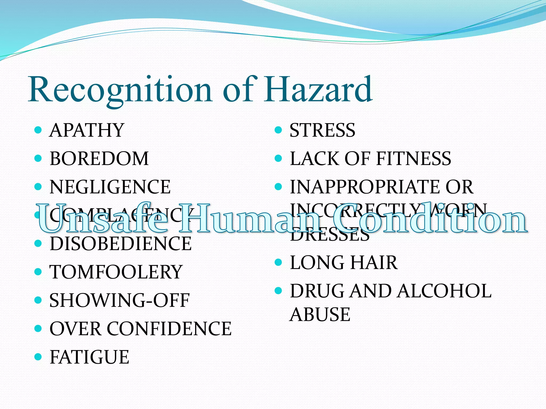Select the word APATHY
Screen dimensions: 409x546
click(87, 130)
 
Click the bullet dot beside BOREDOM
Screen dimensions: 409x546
click(38, 159)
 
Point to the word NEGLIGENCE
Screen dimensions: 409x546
click(110, 187)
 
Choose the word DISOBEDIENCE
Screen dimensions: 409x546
click(121, 244)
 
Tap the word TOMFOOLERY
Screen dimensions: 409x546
click(116, 272)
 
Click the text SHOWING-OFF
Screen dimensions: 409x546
click(119, 300)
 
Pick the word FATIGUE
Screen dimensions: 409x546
click(90, 357)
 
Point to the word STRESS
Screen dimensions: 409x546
click(323, 130)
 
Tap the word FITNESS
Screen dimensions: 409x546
click(413, 159)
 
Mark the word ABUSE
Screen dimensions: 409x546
click(320, 314)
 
